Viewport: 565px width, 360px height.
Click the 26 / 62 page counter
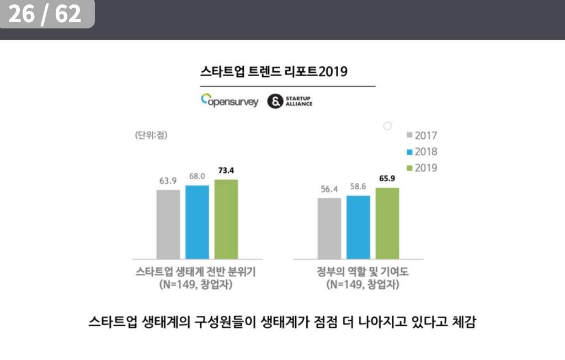(45, 14)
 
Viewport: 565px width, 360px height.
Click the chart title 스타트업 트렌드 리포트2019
(274, 72)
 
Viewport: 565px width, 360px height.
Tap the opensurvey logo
(230, 101)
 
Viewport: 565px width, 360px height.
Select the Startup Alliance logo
(290, 101)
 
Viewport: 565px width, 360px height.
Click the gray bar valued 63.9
(168, 224)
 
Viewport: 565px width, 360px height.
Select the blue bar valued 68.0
(197, 222)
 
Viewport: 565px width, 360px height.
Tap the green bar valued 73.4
(226, 219)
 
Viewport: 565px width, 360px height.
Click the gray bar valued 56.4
(329, 228)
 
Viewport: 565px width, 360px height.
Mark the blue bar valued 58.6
(358, 227)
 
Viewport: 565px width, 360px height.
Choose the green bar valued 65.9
(387, 223)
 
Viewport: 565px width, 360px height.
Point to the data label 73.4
(226, 171)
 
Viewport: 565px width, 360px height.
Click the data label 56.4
(329, 189)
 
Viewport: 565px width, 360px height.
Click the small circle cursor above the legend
(387, 126)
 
